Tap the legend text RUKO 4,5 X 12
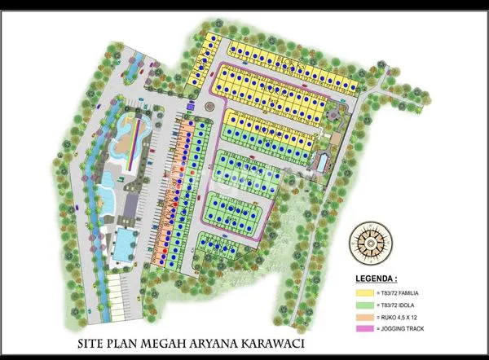[x=400, y=316]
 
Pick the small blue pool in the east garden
[x=321, y=161]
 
